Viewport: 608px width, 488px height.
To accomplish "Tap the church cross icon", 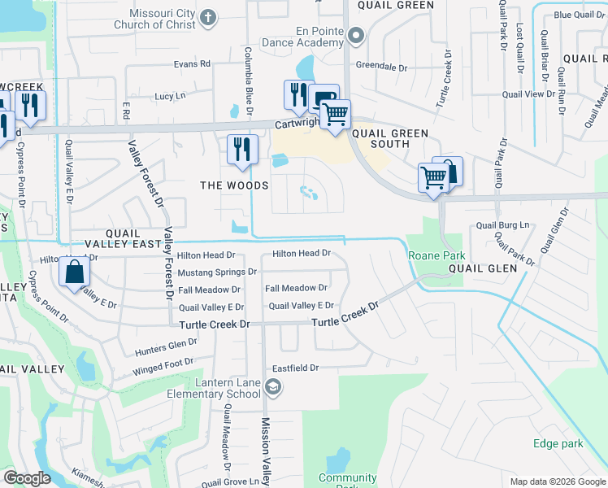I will [209, 17].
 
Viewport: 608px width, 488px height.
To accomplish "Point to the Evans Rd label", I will [192, 64].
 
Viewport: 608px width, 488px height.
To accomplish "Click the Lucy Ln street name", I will [170, 96].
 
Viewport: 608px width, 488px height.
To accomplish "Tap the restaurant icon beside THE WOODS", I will [242, 149].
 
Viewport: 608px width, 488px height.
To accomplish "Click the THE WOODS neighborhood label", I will [235, 185].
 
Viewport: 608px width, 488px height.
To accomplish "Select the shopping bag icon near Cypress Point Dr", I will [74, 272].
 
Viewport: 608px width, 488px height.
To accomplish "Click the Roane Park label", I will [436, 255].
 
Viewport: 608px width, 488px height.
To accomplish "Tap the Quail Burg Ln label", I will [502, 224].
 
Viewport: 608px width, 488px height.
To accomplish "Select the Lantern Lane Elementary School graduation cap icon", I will [273, 387].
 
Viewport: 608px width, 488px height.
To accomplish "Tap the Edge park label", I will [558, 444].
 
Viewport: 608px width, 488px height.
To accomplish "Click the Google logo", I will [27, 478].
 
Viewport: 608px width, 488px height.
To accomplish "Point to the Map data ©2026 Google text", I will [557, 481].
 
